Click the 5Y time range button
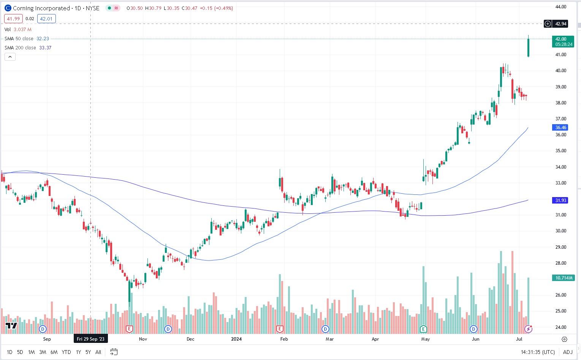pos(88,352)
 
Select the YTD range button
pos(66,352)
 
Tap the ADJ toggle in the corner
pos(568,352)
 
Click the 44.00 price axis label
pos(560,7)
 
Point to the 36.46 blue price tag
pos(560,128)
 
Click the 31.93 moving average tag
pos(560,201)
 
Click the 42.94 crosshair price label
pos(560,24)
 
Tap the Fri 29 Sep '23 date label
pos(90,339)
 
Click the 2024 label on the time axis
pos(236,339)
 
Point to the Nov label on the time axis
pos(143,339)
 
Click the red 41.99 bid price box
pos(13,19)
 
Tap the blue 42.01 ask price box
pos(46,19)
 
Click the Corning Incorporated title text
pos(41,8)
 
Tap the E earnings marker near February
pos(280,329)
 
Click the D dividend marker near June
pos(473,329)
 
